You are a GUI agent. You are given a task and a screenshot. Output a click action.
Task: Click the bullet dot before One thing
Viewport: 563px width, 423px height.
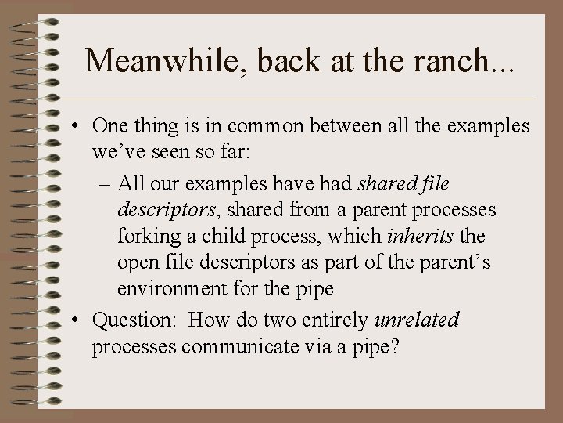79,125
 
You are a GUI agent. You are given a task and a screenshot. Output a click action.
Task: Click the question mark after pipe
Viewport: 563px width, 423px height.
396,345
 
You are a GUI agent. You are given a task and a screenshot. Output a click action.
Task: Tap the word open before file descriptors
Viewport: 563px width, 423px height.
138,262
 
